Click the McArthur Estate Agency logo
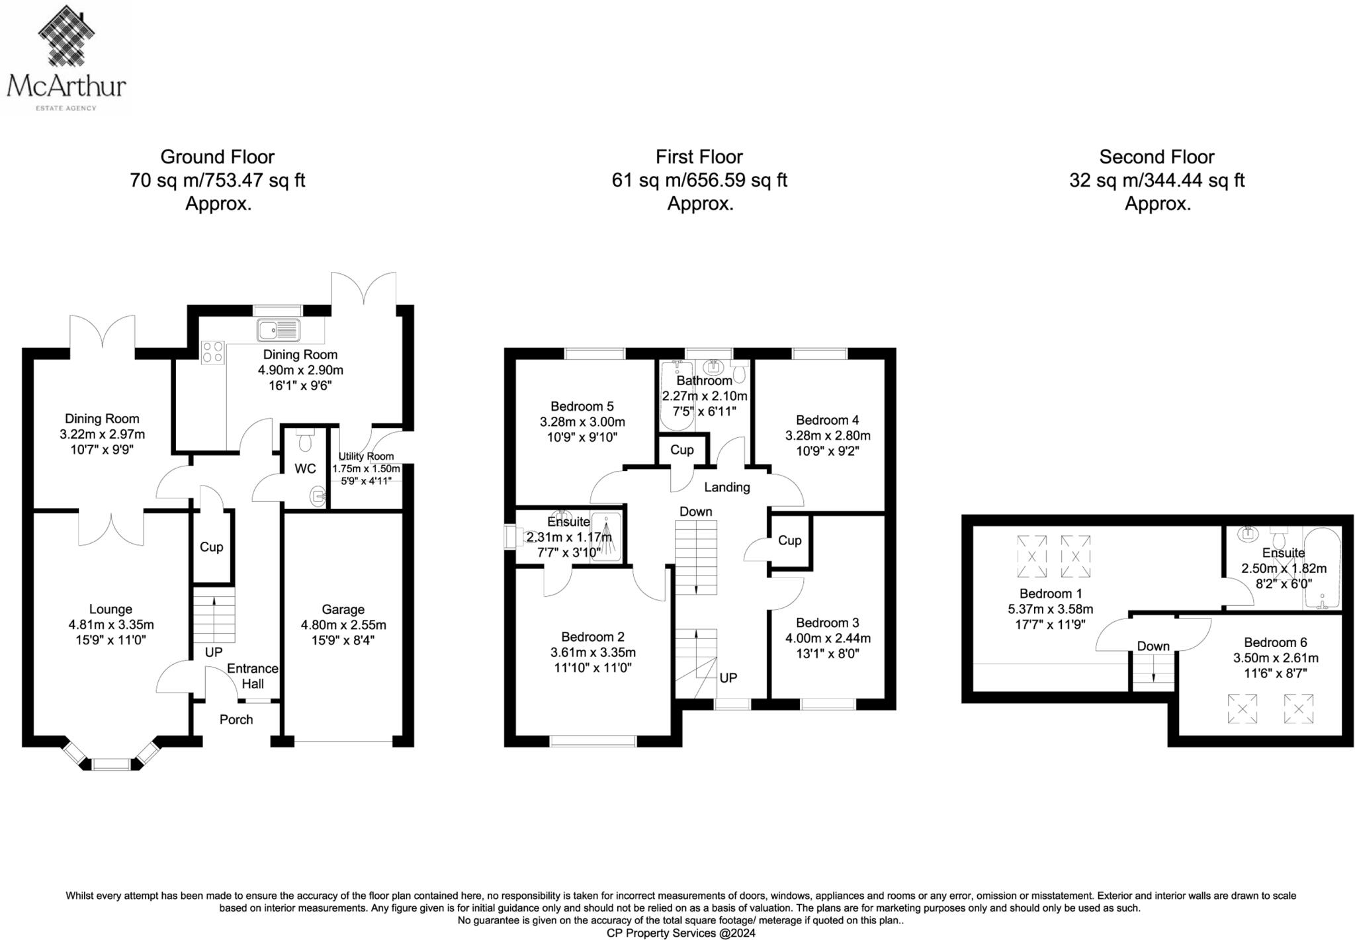[x=66, y=58]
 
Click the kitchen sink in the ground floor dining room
[x=279, y=329]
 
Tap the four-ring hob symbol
[x=212, y=351]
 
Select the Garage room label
[x=343, y=609]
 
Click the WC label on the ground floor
[x=305, y=469]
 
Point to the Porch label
[x=236, y=720]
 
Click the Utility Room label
[x=366, y=456]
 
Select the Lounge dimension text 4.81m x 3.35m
[x=111, y=624]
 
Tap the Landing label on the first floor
[x=726, y=488]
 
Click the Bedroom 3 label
[x=827, y=622]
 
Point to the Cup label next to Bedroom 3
[x=789, y=540]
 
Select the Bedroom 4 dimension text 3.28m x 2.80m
[x=828, y=436]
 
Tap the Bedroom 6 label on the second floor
[x=1275, y=642]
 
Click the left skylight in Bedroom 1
[x=1031, y=556]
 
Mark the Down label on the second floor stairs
[x=1153, y=646]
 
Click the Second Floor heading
[x=1157, y=157]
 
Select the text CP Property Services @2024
[x=681, y=933]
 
